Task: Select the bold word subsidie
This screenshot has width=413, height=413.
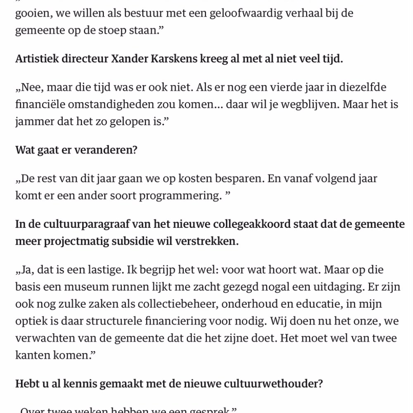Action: click(133, 241)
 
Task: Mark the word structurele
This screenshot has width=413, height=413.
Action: click(121, 322)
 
